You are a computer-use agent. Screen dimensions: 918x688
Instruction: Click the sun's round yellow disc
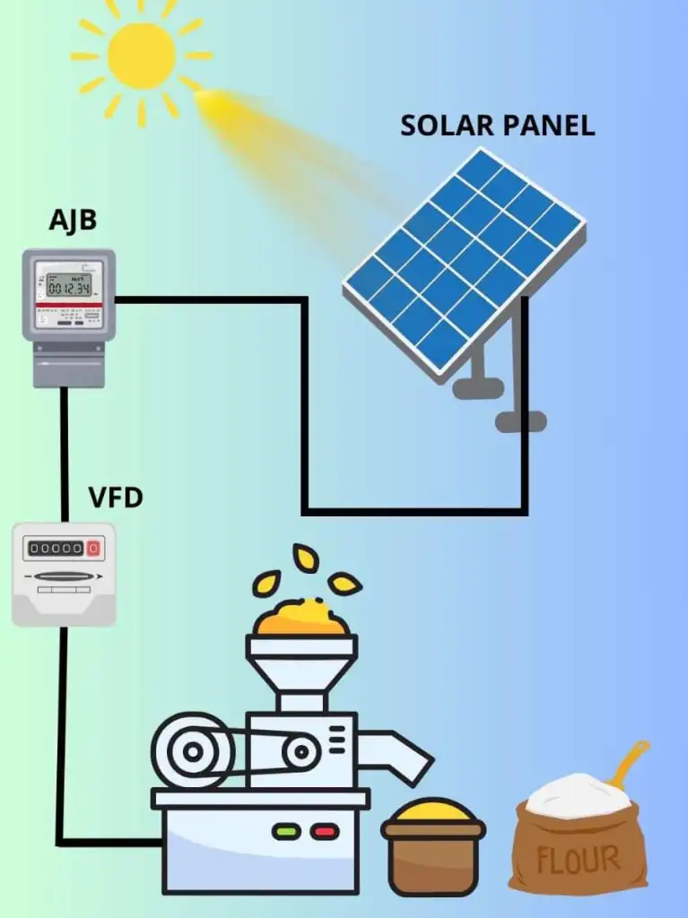coord(141,56)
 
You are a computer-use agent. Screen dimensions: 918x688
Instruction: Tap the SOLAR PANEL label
coord(497,126)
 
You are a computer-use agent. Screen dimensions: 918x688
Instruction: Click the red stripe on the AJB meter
coord(69,307)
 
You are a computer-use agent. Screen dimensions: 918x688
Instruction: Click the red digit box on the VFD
coord(93,548)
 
